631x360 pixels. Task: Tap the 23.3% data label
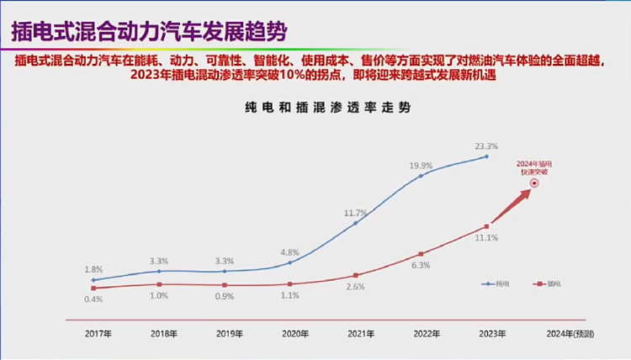(x=485, y=145)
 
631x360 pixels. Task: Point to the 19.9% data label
(x=421, y=165)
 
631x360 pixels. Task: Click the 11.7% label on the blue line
(x=356, y=212)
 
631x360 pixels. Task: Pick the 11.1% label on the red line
(x=486, y=238)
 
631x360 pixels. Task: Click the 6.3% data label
(x=421, y=265)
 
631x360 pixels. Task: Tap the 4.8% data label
(x=289, y=251)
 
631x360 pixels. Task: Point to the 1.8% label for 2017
(x=93, y=269)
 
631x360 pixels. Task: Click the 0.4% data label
(x=93, y=299)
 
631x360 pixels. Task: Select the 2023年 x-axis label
(x=488, y=334)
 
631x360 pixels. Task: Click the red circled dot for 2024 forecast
(x=533, y=183)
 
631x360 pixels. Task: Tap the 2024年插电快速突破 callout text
(x=532, y=166)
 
